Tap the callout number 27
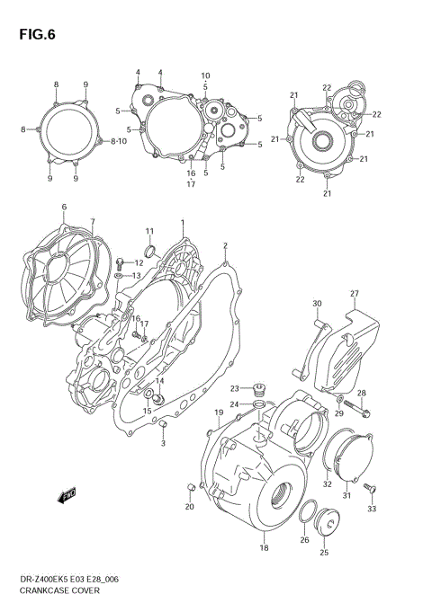(x=355, y=294)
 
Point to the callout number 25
(x=325, y=554)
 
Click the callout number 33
(x=373, y=510)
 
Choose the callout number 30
(x=317, y=303)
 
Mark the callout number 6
(x=64, y=208)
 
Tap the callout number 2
(x=225, y=245)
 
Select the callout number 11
(x=150, y=231)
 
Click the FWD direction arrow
(x=66, y=493)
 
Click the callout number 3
(x=163, y=443)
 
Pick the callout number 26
(x=304, y=540)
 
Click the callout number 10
(x=205, y=75)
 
